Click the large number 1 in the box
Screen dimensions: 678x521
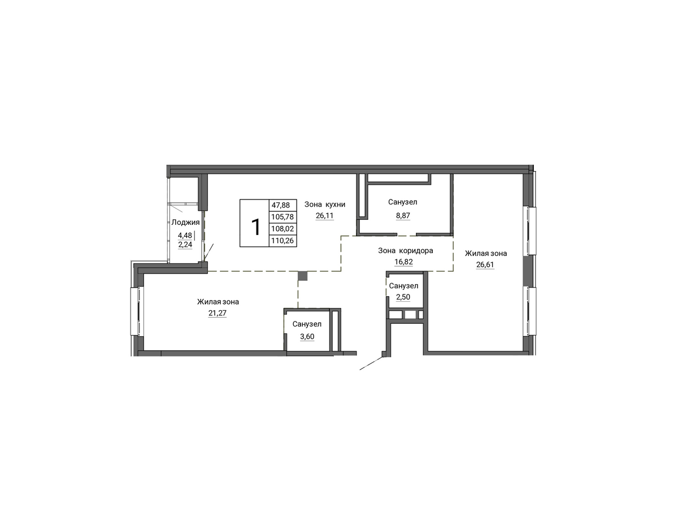tap(255, 227)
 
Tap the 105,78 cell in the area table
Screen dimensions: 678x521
tap(282, 216)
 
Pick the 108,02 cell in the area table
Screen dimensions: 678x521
tap(282, 229)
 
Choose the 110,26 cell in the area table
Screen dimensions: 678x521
tap(282, 241)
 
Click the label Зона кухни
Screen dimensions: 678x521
tap(325, 205)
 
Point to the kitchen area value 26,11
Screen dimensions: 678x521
tap(324, 215)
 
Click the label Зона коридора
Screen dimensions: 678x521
tap(405, 250)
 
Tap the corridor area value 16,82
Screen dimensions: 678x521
tap(403, 262)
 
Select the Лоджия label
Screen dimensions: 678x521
tap(185, 223)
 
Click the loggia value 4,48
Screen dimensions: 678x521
tap(185, 235)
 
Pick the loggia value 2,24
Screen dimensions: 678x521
tap(185, 245)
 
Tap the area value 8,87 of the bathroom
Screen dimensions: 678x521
tap(403, 215)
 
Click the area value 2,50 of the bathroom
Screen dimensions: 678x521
tap(403, 297)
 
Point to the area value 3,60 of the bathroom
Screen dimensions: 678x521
tap(307, 337)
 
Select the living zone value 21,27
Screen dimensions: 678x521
tap(218, 313)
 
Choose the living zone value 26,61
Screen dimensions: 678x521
tap(485, 265)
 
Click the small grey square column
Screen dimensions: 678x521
tap(303, 276)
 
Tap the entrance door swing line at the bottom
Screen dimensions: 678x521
tap(371, 363)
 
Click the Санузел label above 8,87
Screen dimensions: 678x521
tap(402, 202)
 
